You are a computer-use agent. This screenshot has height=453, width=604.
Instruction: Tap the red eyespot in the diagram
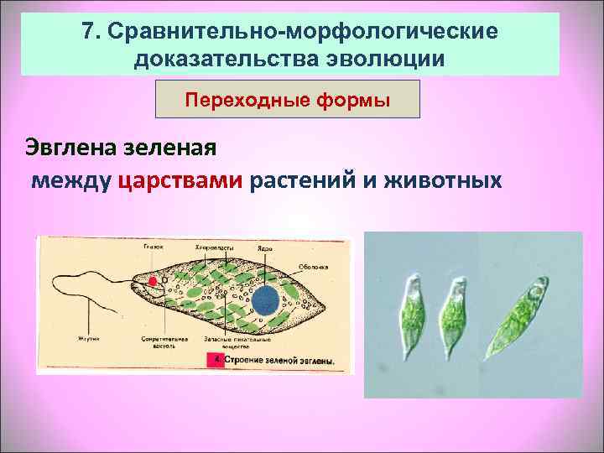153,283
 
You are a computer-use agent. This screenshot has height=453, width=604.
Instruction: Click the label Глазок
153,247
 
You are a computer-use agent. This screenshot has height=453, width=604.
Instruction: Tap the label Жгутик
89,340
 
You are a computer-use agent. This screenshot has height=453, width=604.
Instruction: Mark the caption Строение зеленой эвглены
278,362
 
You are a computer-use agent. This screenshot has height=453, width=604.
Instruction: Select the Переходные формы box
288,100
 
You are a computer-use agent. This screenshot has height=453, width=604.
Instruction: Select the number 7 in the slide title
90,31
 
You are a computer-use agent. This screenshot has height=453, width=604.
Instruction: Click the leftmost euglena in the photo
413,310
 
